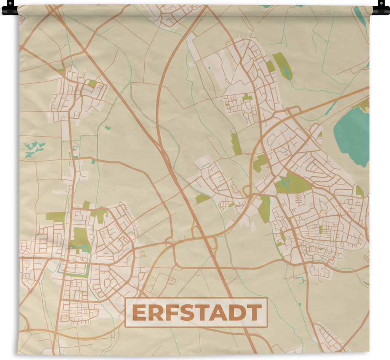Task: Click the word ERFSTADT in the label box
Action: tap(196, 313)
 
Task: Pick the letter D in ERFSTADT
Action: tap(238, 313)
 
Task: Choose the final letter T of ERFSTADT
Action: tap(254, 313)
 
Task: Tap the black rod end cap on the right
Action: tap(381, 8)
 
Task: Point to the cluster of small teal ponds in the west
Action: tap(34, 149)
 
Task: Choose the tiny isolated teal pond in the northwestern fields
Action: tap(107, 128)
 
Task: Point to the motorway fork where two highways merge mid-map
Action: tap(163, 147)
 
